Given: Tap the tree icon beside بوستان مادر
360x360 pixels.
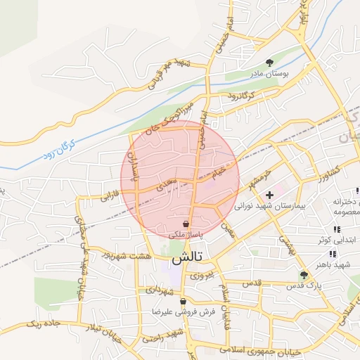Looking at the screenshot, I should [271, 63].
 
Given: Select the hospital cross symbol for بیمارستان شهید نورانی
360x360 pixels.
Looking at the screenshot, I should [269, 195].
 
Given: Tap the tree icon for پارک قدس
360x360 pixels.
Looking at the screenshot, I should [304, 275].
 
